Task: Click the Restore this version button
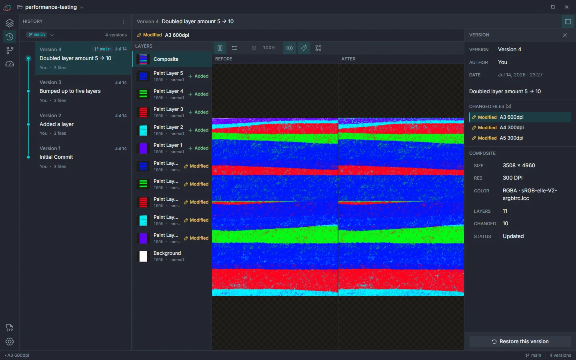coord(520,342)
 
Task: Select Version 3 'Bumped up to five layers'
coord(83,91)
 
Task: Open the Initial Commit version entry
coord(83,157)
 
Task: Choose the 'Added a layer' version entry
coord(83,124)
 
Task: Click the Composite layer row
coord(172,59)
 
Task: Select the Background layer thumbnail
coord(143,256)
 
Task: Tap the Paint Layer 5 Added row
coord(172,76)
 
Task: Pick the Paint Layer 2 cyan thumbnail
coord(143,130)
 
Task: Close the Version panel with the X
coord(565,35)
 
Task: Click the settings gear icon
coord(10,342)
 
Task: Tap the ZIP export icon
coord(10,328)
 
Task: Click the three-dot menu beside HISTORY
coord(124,22)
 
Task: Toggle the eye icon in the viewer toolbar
coord(290,48)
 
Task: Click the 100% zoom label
coord(269,48)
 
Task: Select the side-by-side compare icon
coord(220,48)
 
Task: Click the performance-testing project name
coord(51,7)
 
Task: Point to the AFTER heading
coord(348,59)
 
